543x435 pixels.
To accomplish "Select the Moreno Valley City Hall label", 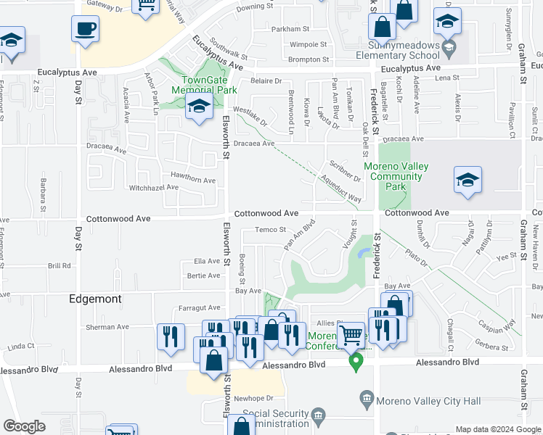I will [411, 398].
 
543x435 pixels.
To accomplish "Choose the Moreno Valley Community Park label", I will [396, 176].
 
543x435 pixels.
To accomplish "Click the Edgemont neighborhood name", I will [94, 299].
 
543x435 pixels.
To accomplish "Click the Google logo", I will [24, 426].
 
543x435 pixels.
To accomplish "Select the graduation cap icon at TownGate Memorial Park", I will [199, 107].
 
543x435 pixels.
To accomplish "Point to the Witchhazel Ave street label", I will [153, 187].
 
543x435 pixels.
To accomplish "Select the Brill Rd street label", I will [60, 266].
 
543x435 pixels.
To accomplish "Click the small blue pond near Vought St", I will [364, 252].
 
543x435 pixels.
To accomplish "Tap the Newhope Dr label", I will [254, 398].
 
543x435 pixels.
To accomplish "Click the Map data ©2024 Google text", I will [497, 428].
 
